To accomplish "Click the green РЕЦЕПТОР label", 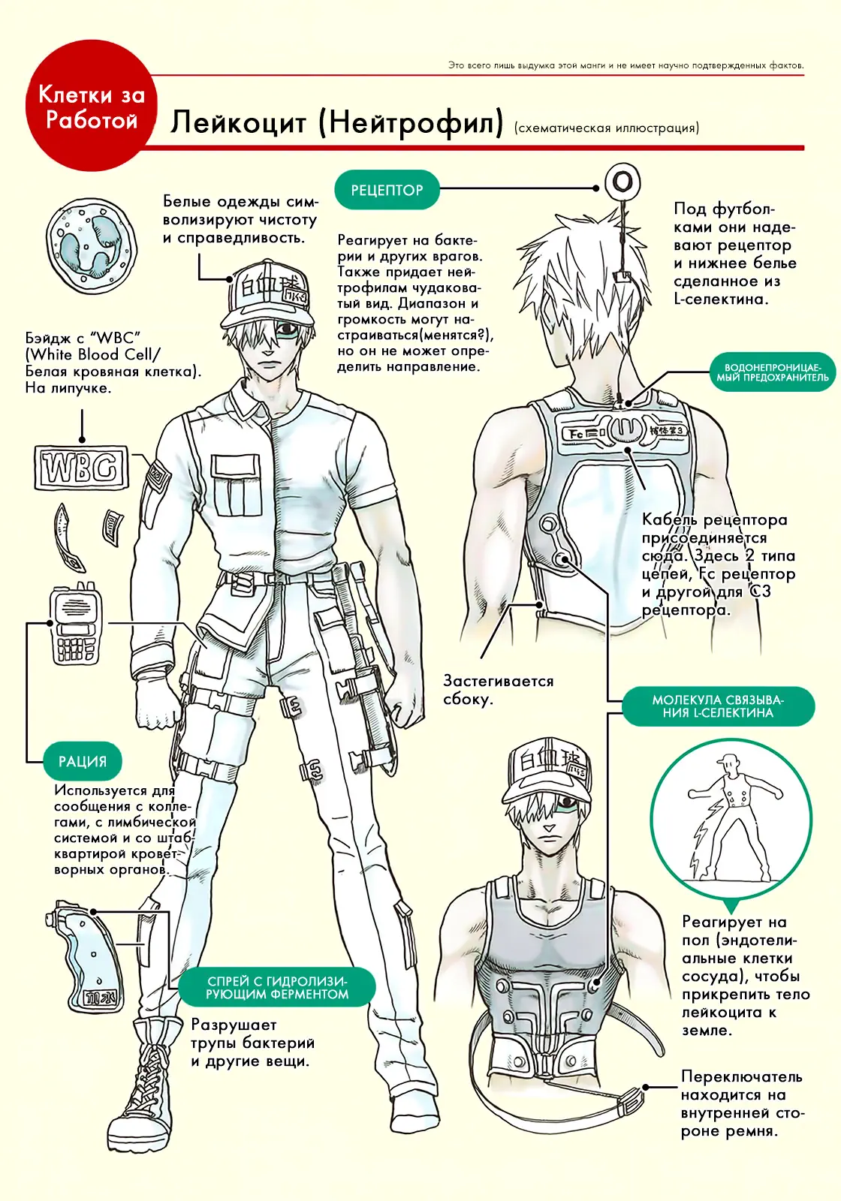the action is click(387, 190).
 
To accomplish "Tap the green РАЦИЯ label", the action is click(83, 761).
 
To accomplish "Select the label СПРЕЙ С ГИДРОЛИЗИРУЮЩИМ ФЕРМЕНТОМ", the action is click(277, 987).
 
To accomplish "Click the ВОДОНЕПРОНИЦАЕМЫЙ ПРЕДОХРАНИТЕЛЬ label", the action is click(773, 372).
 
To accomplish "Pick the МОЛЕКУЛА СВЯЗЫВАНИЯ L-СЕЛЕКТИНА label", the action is click(718, 706).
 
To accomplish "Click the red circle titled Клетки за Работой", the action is click(92, 106).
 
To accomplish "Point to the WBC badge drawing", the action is click(82, 468).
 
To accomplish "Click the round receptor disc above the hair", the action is click(622, 182).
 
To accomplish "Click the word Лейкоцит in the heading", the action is click(238, 122).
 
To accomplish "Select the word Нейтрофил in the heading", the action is click(411, 122).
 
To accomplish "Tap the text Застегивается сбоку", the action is click(498, 690).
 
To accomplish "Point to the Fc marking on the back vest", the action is click(577, 434).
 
